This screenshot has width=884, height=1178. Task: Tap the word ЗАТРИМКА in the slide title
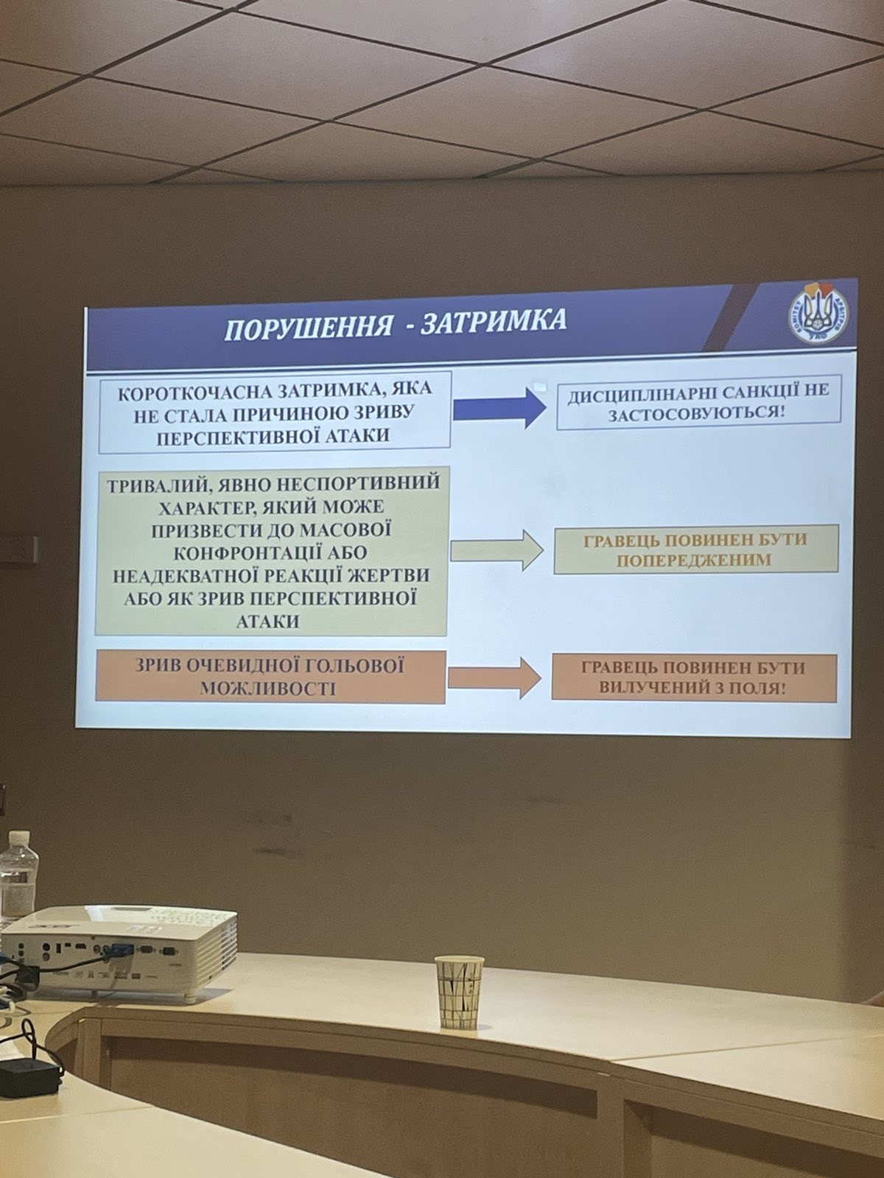tap(494, 320)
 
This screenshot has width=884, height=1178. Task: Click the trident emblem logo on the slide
tap(818, 320)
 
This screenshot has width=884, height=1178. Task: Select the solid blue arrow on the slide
tap(499, 408)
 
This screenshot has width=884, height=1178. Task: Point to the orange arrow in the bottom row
tap(494, 678)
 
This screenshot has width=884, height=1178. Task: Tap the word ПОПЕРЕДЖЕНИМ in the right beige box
tap(693, 561)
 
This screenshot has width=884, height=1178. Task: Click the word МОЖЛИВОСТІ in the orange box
tap(268, 688)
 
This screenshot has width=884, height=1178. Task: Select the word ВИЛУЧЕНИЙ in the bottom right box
tap(659, 687)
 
